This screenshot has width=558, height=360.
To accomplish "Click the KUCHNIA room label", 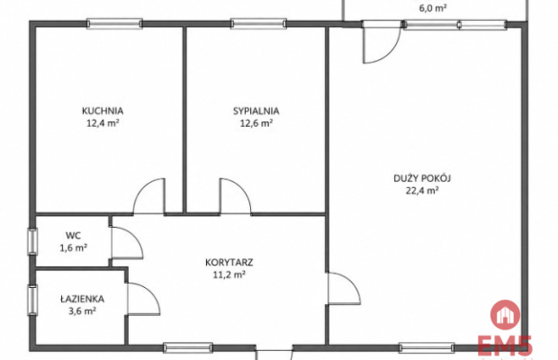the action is tap(103, 111).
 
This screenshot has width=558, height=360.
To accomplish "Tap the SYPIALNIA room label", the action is tap(256, 111).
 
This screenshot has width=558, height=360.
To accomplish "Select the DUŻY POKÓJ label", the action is tap(422, 178).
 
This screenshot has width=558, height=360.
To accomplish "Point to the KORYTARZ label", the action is tap(229, 263).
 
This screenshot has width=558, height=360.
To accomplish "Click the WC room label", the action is tap(73, 236).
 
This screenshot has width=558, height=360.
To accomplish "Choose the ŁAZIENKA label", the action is tap(82, 299).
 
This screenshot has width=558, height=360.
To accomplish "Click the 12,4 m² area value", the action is tap(103, 123).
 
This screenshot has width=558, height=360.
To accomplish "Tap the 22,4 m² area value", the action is tap(422, 190).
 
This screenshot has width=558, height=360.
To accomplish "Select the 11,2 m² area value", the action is tap(229, 274).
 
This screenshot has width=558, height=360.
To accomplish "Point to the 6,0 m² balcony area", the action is tap(433, 8).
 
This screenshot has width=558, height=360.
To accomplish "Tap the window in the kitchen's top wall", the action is tap(114, 23).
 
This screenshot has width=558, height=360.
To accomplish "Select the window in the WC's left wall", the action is tap(32, 241).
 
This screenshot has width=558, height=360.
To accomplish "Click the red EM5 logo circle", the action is tap(505, 315).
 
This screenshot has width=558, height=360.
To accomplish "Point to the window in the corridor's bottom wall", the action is tap(188, 347).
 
